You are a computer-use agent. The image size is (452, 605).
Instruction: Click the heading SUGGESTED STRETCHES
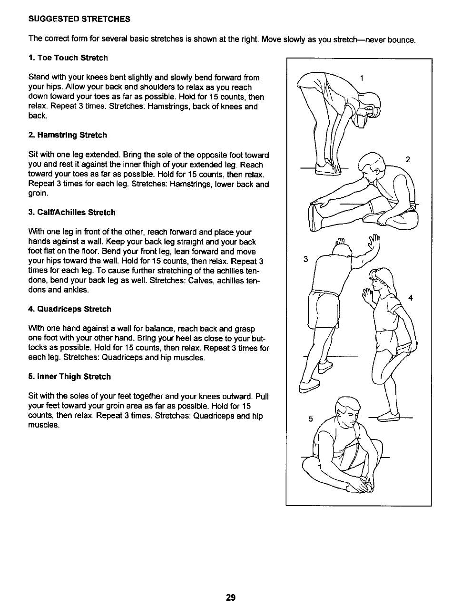click(79, 20)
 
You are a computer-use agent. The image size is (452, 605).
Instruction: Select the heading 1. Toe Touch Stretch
click(68, 58)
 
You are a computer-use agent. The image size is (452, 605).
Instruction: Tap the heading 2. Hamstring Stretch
click(68, 135)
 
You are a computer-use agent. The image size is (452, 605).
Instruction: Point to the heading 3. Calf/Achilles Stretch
click(72, 212)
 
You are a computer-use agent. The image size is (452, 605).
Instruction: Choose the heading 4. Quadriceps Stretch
click(69, 309)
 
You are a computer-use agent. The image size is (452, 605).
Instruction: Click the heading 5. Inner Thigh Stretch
click(69, 377)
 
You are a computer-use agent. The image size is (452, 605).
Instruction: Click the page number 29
click(231, 597)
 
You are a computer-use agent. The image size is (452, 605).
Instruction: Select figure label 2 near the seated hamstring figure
click(407, 159)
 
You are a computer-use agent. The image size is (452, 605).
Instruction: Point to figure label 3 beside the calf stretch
click(306, 259)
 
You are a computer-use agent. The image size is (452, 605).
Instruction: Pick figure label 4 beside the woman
click(411, 298)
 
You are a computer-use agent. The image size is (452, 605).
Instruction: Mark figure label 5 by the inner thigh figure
click(310, 419)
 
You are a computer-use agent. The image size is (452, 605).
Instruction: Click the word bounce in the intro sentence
click(402, 39)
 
